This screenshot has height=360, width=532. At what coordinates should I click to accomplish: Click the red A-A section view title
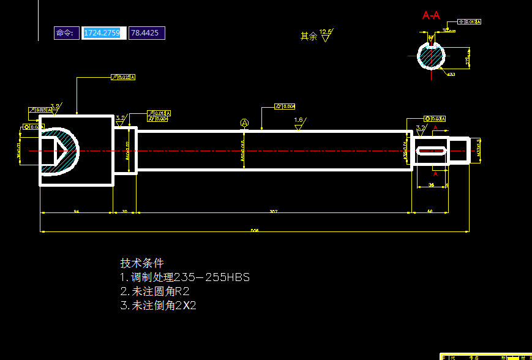click(431, 15)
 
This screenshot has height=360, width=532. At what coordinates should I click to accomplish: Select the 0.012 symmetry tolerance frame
click(470, 22)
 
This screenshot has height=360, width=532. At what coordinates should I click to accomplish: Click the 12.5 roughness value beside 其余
click(326, 31)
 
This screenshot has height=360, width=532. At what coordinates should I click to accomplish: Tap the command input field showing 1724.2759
click(104, 33)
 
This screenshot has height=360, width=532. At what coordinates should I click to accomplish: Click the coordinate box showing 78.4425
click(146, 33)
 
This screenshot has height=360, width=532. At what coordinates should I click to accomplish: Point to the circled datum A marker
click(245, 123)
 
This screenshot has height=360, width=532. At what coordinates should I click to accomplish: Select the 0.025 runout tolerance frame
click(123, 78)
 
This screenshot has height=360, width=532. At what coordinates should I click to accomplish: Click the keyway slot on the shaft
click(431, 151)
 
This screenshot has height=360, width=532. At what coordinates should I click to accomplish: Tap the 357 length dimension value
click(274, 211)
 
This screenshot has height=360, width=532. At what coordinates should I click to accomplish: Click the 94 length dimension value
click(77, 211)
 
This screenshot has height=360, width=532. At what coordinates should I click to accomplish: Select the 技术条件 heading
click(142, 263)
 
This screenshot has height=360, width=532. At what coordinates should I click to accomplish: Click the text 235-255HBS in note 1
click(212, 277)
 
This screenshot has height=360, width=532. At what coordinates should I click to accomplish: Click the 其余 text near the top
click(309, 37)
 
